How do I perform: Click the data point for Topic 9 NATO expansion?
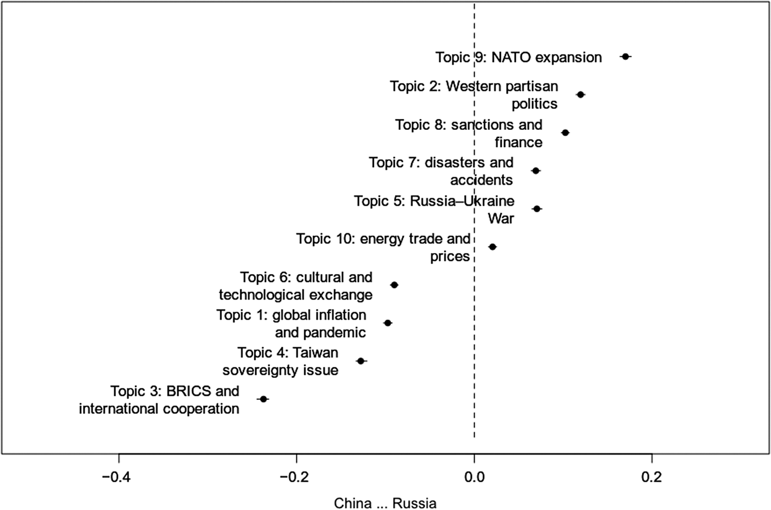pos(626,56)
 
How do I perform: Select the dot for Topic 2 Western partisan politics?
pos(580,94)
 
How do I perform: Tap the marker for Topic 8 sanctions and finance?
pos(565,133)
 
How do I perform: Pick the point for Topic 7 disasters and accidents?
pos(536,171)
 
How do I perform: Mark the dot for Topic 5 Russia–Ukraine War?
pos(537,209)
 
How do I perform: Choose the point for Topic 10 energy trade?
pos(492,247)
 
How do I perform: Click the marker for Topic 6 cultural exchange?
pos(394,285)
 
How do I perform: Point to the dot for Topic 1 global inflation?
pos(388,323)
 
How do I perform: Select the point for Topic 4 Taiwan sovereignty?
pos(361,361)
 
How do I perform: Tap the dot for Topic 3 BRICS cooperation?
pos(263,399)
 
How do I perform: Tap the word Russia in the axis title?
pos(414,503)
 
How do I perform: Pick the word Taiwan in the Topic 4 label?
pos(315,353)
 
